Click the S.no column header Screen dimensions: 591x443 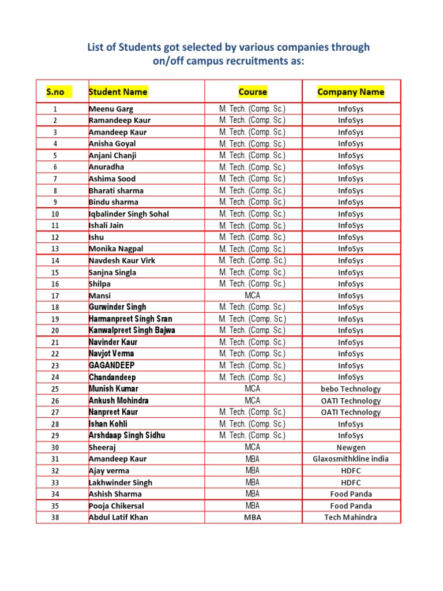(x=59, y=92)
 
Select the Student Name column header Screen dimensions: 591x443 (x=118, y=92)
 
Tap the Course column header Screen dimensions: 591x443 (x=253, y=92)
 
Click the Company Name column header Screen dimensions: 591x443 (x=351, y=92)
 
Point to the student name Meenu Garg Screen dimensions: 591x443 (x=111, y=109)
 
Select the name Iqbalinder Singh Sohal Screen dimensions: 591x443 (x=129, y=214)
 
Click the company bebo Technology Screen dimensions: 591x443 (x=351, y=389)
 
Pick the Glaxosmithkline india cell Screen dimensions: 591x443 (x=351, y=459)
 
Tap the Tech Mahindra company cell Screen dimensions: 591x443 (x=351, y=517)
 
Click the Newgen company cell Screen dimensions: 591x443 (x=351, y=447)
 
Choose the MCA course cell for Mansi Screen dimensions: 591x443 (x=253, y=295)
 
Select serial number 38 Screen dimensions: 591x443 (x=55, y=517)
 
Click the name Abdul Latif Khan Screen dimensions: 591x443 (x=118, y=517)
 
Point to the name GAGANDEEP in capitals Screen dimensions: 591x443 (x=112, y=365)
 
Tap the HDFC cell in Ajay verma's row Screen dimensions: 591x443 (x=351, y=470)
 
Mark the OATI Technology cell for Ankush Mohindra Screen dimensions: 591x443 (x=351, y=401)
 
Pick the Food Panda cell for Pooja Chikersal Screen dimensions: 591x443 (x=351, y=506)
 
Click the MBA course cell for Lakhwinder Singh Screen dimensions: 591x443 (x=253, y=482)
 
